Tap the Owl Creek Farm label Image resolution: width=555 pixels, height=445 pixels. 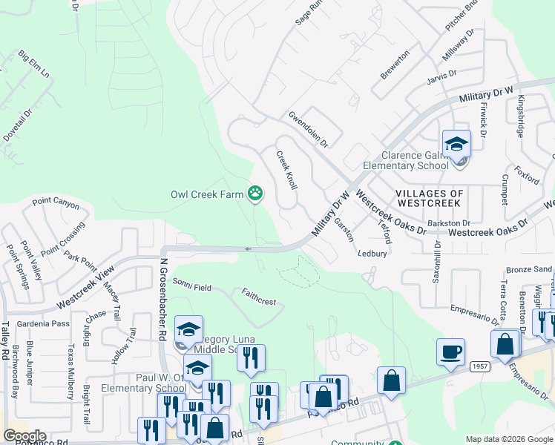tap(207, 195)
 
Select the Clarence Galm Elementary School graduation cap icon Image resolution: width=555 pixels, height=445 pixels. tap(456, 144)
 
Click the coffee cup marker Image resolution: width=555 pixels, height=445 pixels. tap(451, 352)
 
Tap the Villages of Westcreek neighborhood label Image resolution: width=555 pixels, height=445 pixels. tap(430, 199)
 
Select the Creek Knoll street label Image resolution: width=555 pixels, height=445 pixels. tap(287, 171)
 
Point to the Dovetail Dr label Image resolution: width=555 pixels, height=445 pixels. tap(18, 127)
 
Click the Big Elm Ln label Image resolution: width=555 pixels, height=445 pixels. tap(33, 65)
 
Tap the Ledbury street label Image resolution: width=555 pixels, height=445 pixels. tap(372, 254)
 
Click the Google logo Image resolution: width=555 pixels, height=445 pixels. tap(24, 436)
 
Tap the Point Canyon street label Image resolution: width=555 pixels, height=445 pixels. tap(55, 202)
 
